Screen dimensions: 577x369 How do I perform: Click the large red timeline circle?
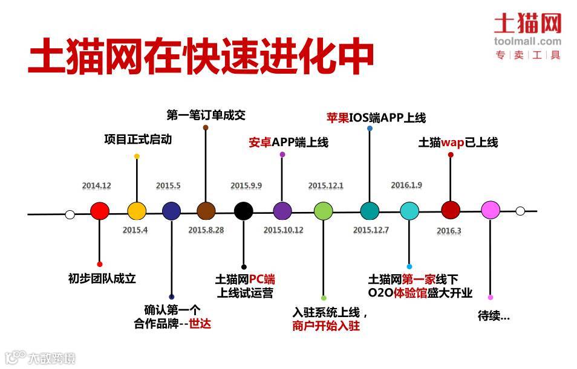(99, 211)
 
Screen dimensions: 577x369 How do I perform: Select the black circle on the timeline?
(243, 211)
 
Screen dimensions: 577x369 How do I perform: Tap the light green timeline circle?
(324, 211)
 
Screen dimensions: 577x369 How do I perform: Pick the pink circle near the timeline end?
(491, 210)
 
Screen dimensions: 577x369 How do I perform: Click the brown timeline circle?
(206, 211)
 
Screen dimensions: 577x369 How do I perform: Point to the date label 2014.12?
(97, 186)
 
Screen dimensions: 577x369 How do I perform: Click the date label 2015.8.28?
(206, 230)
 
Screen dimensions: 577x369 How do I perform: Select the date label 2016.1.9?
(406, 185)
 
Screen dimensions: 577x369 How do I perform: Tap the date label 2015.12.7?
(371, 230)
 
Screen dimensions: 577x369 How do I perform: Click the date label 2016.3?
(449, 231)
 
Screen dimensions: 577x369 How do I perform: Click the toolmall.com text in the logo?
(527, 42)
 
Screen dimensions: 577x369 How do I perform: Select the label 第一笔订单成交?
(206, 115)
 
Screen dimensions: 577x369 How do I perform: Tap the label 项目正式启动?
(138, 140)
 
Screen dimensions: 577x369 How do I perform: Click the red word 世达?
(200, 322)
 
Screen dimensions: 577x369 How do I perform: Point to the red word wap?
(452, 143)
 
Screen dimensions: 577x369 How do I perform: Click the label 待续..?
(494, 315)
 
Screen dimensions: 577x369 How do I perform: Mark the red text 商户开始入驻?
(326, 326)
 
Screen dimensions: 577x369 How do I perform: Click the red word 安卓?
(259, 143)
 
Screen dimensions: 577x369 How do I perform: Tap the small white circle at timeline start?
(70, 214)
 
